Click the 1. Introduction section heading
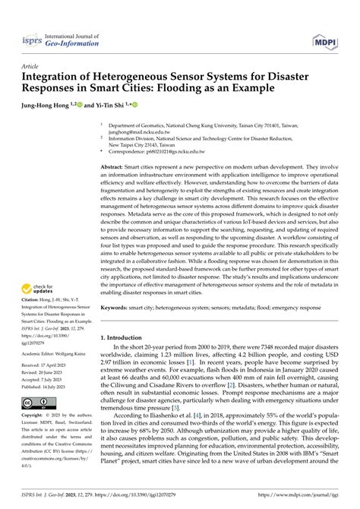click(x=127, y=336)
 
